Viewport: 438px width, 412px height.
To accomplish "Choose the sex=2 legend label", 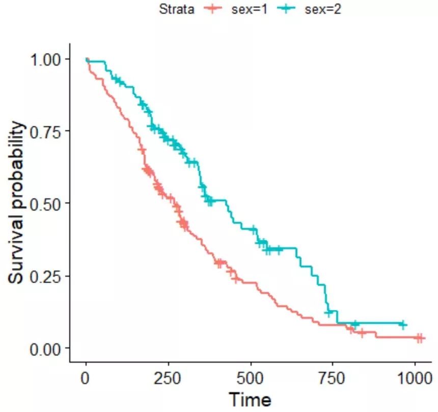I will click(x=320, y=9).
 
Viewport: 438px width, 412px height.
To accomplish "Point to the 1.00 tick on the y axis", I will click(x=50, y=59).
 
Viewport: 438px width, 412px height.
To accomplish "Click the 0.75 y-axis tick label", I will click(x=50, y=131).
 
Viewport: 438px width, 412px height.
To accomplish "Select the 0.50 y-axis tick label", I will click(x=50, y=203).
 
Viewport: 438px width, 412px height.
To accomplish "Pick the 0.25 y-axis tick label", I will click(x=50, y=276).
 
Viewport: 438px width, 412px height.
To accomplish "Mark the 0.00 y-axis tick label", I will click(x=50, y=348).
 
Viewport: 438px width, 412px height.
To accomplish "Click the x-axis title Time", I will click(x=250, y=398).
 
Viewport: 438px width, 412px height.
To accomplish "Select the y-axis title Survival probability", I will click(x=17, y=202).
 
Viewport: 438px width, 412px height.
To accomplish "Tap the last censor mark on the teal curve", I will click(x=402, y=324).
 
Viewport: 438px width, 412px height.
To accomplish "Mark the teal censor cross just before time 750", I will click(x=329, y=312).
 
